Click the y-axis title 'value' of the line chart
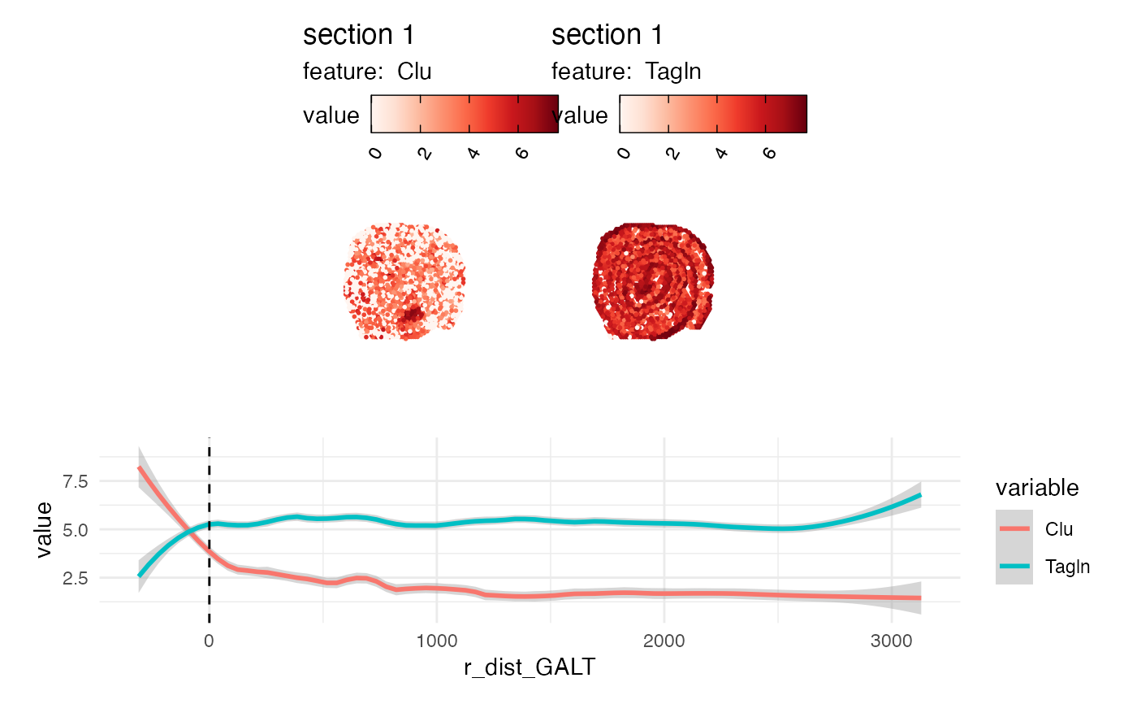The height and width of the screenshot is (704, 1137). pyautogui.click(x=45, y=530)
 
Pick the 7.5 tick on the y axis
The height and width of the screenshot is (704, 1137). pyautogui.click(x=73, y=481)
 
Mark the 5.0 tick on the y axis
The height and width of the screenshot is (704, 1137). pyautogui.click(x=73, y=530)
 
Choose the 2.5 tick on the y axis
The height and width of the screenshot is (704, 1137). pyautogui.click(x=73, y=578)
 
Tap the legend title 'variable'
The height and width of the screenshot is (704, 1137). pyautogui.click(x=1037, y=488)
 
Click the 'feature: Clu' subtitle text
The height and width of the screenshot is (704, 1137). pyautogui.click(x=367, y=72)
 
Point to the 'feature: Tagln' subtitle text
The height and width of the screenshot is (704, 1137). pyautogui.click(x=626, y=72)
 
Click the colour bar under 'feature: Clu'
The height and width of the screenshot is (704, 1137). pyautogui.click(x=465, y=113)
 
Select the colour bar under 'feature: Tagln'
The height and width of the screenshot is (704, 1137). pyautogui.click(x=713, y=113)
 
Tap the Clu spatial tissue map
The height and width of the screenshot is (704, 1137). pyautogui.click(x=404, y=281)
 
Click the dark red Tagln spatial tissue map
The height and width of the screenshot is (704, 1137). pyautogui.click(x=654, y=281)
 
